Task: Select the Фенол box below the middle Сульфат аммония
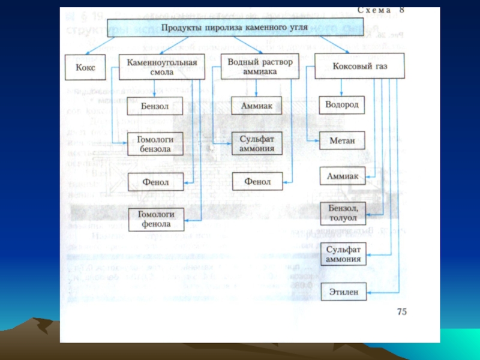click(257, 181)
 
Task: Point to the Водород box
click(342, 105)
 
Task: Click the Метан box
click(342, 142)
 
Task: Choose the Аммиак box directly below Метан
click(342, 176)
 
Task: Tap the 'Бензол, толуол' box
click(343, 212)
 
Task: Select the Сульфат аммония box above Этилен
click(343, 254)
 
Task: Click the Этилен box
click(343, 292)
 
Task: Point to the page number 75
click(400, 313)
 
